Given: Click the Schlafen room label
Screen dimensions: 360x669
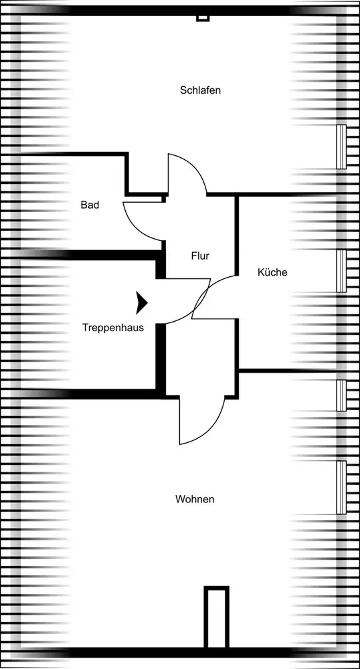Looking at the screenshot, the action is point(200,90).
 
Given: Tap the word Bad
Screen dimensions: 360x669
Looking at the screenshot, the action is point(90,205).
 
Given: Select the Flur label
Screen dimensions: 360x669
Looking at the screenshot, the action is point(200,256).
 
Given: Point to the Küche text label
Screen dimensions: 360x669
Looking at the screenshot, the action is point(272,272).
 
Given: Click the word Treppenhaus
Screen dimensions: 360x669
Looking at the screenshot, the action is point(113,328).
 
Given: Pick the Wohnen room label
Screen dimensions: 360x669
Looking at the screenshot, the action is point(195,499).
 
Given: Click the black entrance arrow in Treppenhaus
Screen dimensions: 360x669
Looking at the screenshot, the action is point(142,303).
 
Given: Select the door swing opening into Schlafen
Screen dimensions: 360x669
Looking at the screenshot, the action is point(187,174).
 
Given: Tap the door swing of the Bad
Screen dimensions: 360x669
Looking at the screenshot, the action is point(143,221).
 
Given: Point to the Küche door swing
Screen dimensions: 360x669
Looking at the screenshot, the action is point(213,297).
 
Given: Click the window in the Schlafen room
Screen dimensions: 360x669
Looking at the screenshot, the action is point(341,147).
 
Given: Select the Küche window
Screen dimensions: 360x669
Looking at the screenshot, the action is point(341,271).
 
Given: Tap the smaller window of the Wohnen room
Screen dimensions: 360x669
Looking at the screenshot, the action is point(341,395).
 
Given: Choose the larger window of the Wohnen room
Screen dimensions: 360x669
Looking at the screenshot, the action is point(341,487).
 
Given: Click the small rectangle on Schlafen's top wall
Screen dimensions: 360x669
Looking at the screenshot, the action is point(203,18).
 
